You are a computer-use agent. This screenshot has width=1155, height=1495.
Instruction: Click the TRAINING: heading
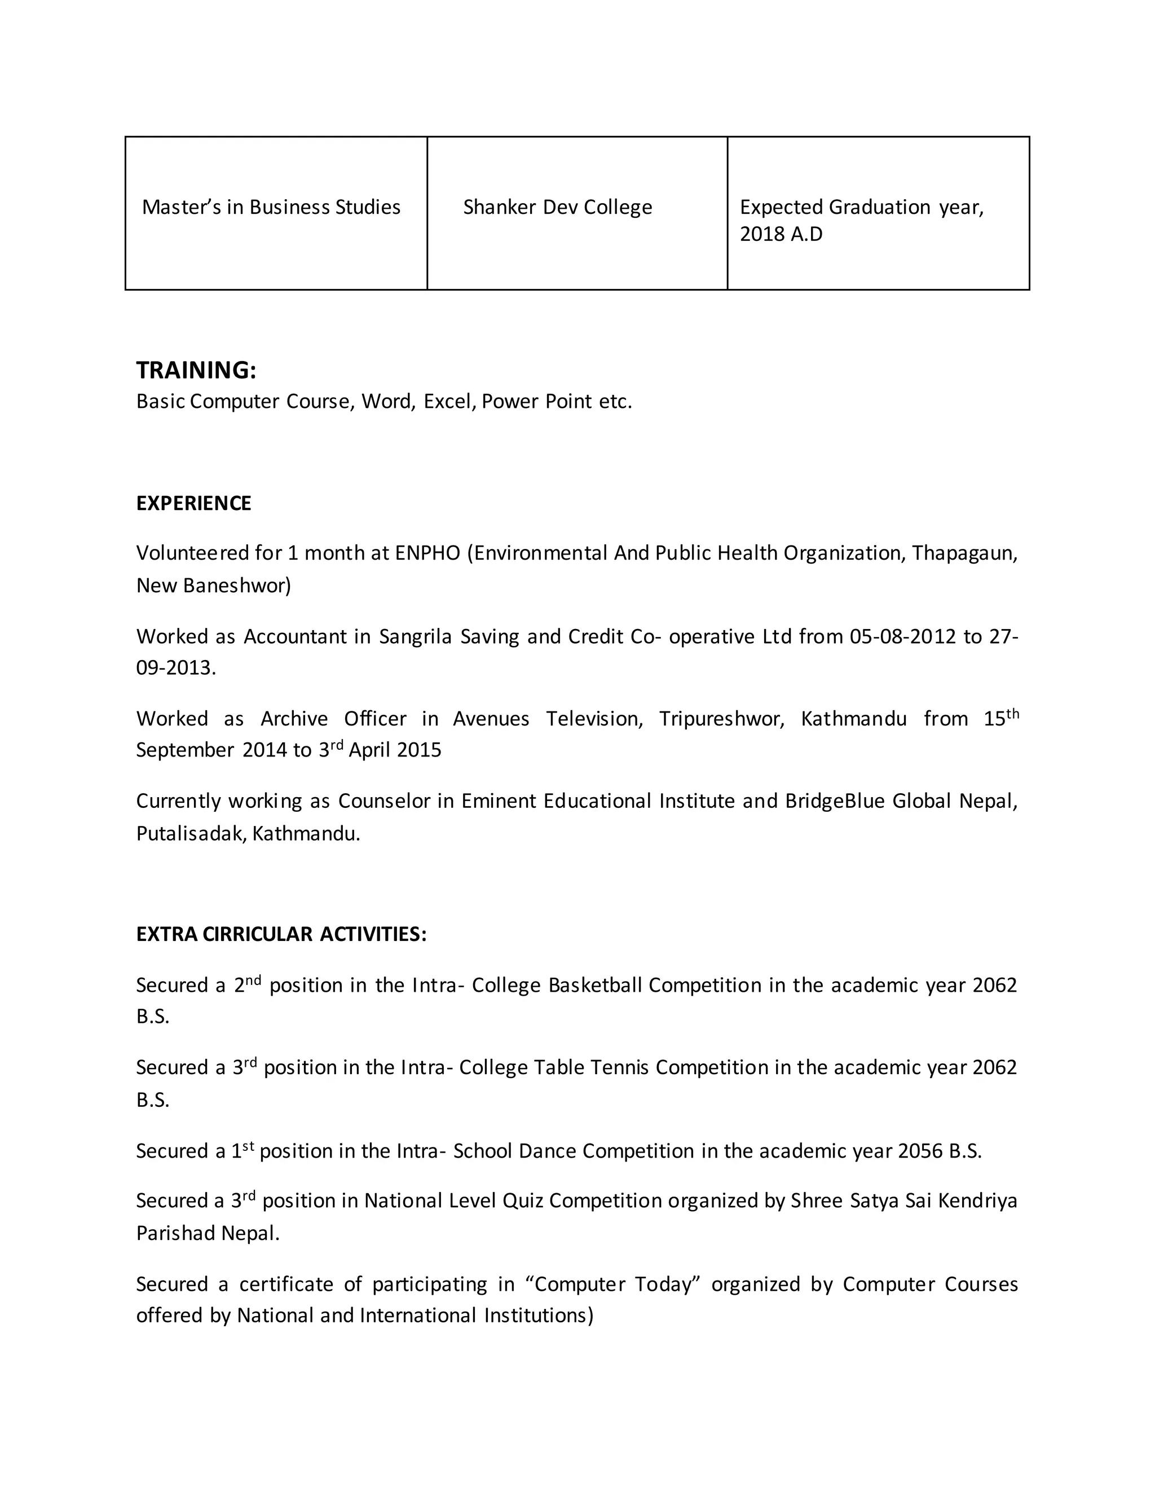click(x=196, y=370)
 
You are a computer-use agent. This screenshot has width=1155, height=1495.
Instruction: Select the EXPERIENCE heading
click(x=193, y=503)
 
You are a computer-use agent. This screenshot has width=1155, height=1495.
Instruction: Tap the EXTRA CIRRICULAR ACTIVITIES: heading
click(x=281, y=934)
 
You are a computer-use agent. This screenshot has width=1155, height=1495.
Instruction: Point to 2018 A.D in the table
click(x=781, y=234)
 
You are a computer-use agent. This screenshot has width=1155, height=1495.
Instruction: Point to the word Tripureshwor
click(x=721, y=719)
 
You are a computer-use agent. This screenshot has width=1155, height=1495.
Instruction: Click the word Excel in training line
click(x=449, y=401)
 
